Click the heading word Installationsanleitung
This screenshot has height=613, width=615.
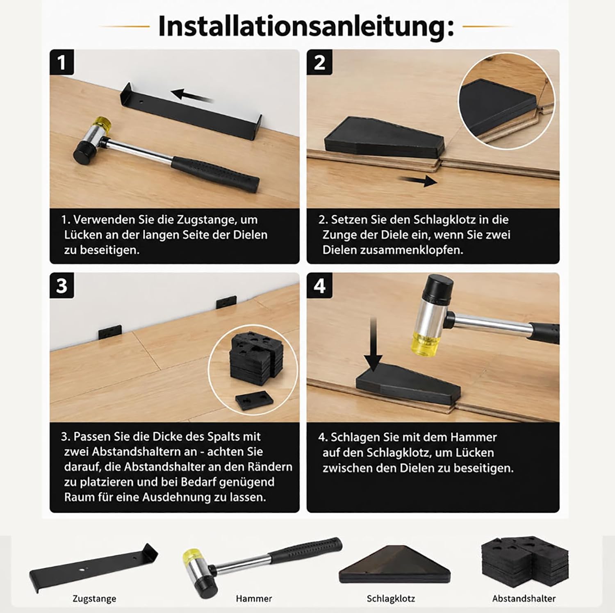tap(306, 26)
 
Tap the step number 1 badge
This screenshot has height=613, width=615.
tap(62, 63)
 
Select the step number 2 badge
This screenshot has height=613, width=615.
tap(319, 63)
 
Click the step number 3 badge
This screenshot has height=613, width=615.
tap(62, 285)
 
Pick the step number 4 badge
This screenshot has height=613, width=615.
tap(319, 285)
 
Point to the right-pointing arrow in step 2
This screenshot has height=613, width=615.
tap(419, 180)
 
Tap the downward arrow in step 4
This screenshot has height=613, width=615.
tap(374, 344)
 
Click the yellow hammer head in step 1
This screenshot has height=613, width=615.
tap(102, 123)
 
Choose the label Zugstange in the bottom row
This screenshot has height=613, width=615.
tap(94, 598)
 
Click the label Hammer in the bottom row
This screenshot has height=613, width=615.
tap(254, 598)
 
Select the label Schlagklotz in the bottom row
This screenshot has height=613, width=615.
tap(391, 598)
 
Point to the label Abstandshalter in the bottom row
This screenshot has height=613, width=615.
tap(524, 598)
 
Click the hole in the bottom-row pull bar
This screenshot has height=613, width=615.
tap(84, 569)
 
